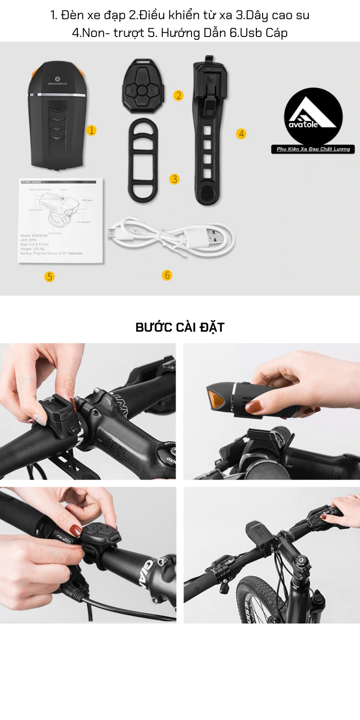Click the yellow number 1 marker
click(x=91, y=130)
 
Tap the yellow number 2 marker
click(x=179, y=96)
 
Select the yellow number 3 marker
click(x=175, y=179)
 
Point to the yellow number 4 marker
click(x=241, y=134)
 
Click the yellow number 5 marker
click(x=49, y=276)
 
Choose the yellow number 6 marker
click(x=167, y=275)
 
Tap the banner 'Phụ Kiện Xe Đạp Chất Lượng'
click(x=313, y=149)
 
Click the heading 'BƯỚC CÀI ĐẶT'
click(x=180, y=327)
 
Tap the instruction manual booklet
click(x=61, y=221)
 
